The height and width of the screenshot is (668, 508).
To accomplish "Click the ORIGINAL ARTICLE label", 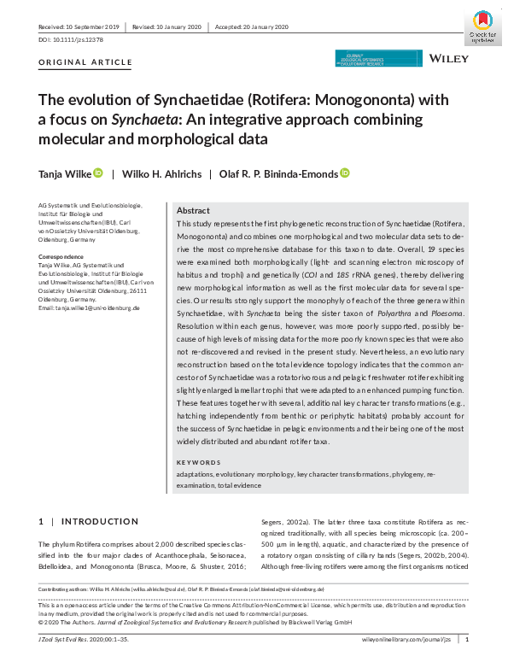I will click(x=85, y=63).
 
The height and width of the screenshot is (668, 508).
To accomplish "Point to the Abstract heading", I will click(x=194, y=211).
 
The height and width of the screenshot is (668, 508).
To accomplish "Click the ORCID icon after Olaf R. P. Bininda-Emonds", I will click(x=345, y=173).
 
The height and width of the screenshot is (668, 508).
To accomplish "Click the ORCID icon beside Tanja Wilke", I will click(x=98, y=173).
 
